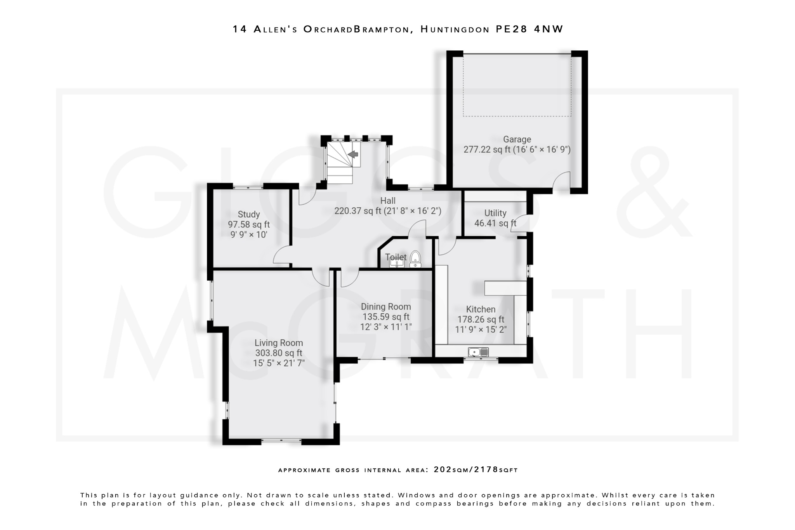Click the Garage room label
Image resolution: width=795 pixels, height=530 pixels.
coord(517,139)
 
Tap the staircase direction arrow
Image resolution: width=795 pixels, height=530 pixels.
coord(353,155)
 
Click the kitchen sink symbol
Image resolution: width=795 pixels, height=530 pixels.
coord(478,352)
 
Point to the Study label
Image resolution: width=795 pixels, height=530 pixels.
coord(249,214)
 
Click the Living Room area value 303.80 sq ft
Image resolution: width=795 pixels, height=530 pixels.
coord(278,353)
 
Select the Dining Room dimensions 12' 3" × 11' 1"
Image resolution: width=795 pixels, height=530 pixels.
coord(385,327)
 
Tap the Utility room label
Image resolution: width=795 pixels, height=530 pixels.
coord(495,213)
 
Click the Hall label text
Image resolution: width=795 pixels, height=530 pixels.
coord(388,201)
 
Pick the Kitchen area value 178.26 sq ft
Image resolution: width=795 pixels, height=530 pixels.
coord(481,320)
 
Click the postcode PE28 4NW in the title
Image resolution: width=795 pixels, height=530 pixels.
coord(529,29)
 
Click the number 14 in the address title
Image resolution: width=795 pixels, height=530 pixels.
coord(240,29)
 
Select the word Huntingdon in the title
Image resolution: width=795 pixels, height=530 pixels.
coord(455,29)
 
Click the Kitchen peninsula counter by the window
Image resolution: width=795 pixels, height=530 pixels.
coord(505,288)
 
